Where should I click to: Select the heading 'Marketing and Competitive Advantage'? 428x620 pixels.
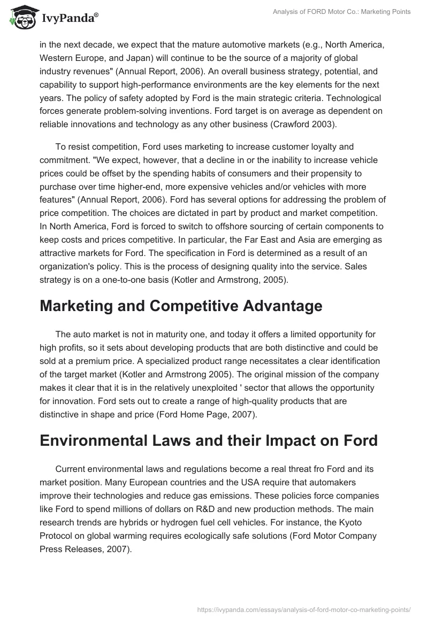click(x=181, y=306)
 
